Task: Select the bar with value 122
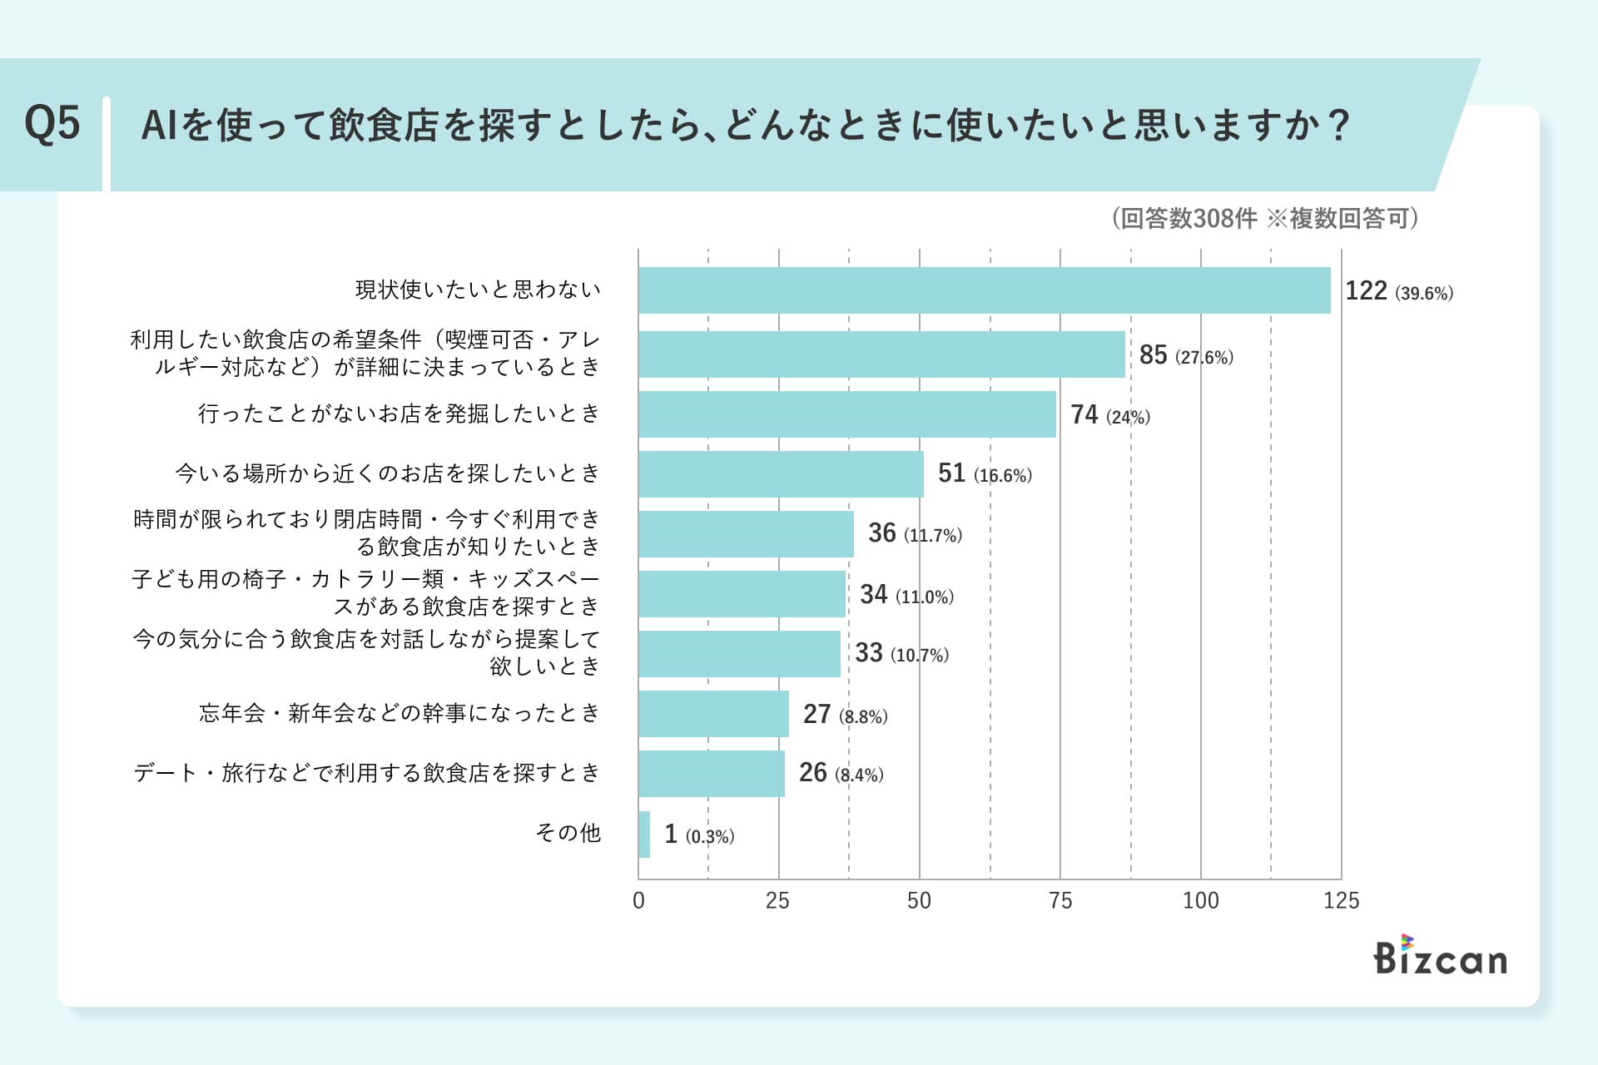tap(984, 290)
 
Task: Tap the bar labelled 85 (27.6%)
tap(881, 354)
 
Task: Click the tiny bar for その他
tap(644, 835)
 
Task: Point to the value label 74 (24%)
tap(1109, 414)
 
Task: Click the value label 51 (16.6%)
tap(984, 474)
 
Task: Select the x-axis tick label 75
tap(1060, 900)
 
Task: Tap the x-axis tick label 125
tap(1341, 900)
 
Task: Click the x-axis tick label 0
tap(638, 900)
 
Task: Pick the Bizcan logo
tap(1440, 956)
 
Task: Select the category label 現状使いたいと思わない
tap(478, 290)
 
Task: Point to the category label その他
tap(568, 833)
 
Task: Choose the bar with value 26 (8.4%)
tap(712, 774)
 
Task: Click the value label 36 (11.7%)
tap(914, 533)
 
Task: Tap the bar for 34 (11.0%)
tap(742, 594)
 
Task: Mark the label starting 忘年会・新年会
tap(399, 713)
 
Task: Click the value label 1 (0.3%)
tap(698, 835)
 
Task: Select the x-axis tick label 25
tap(777, 900)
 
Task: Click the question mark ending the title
tap(1338, 126)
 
